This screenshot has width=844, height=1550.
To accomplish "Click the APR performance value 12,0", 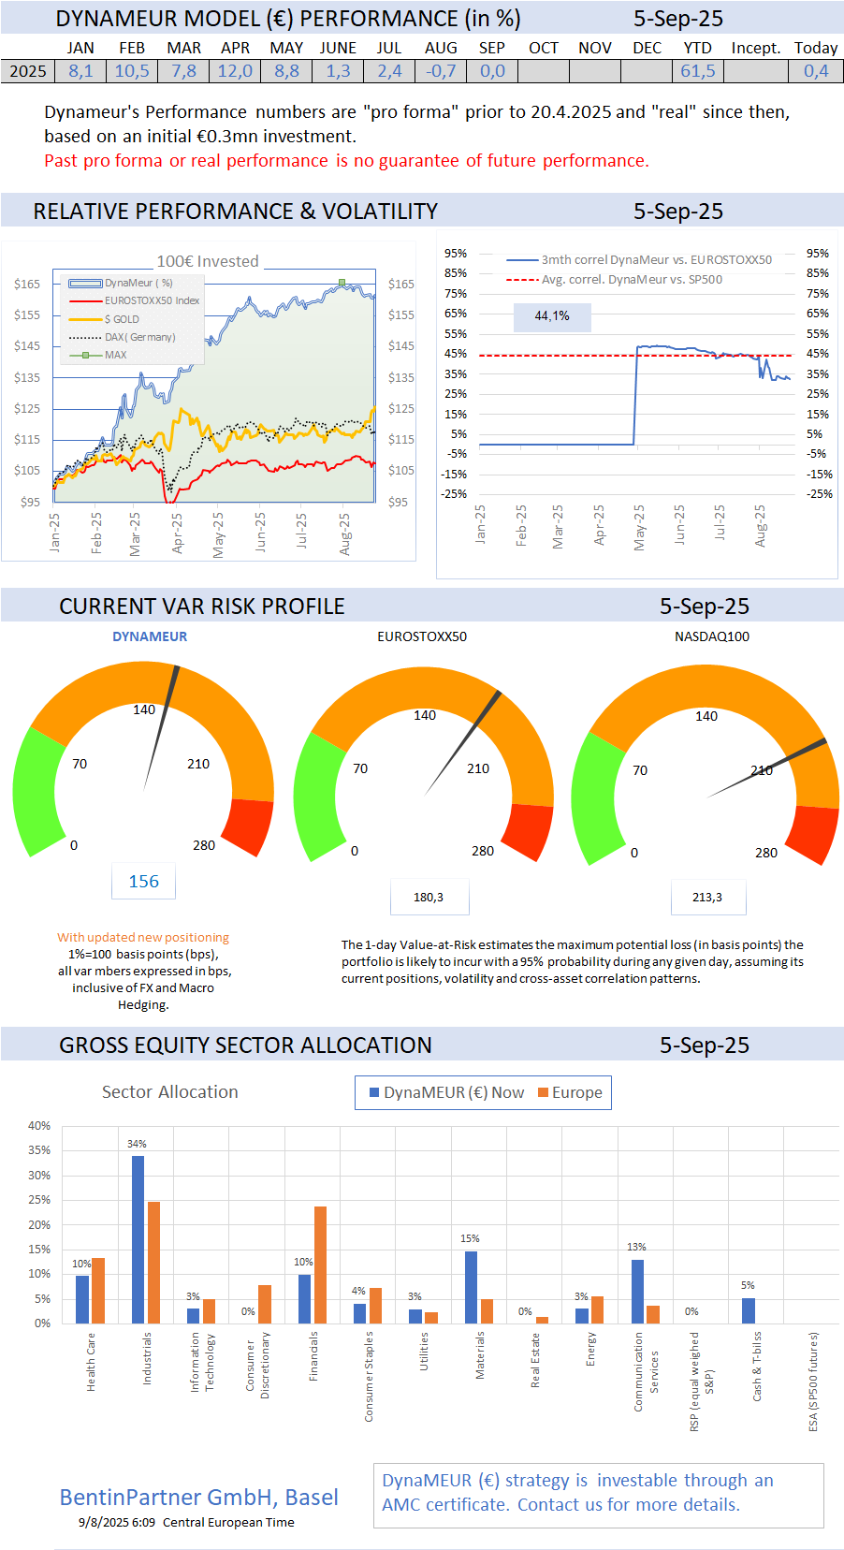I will click(x=235, y=71).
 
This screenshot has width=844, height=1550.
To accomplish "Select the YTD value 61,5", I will click(x=697, y=71).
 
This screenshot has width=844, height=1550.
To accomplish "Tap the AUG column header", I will click(x=441, y=48).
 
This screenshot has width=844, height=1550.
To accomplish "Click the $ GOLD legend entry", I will click(x=121, y=319).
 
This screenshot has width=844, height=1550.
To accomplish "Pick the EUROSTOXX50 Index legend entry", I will click(x=151, y=300).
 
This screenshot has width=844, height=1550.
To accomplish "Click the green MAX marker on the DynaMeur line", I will click(x=342, y=282).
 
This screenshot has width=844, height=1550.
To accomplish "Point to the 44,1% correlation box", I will click(x=552, y=316).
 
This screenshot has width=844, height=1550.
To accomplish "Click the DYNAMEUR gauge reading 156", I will click(x=143, y=882).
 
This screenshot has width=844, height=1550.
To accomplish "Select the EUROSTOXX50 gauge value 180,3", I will click(x=429, y=898).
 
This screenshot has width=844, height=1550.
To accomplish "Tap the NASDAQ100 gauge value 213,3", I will click(x=707, y=898).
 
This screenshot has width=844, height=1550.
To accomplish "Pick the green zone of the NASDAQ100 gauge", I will click(x=593, y=796).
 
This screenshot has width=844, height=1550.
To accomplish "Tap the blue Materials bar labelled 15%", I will click(x=471, y=1286).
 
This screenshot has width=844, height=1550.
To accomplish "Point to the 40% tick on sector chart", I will click(x=39, y=1125).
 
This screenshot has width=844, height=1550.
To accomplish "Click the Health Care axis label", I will click(x=91, y=1362).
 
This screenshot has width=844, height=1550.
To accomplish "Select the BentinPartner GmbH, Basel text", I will click(x=198, y=1498).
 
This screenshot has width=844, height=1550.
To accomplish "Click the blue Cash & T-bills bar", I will click(x=748, y=1309).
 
